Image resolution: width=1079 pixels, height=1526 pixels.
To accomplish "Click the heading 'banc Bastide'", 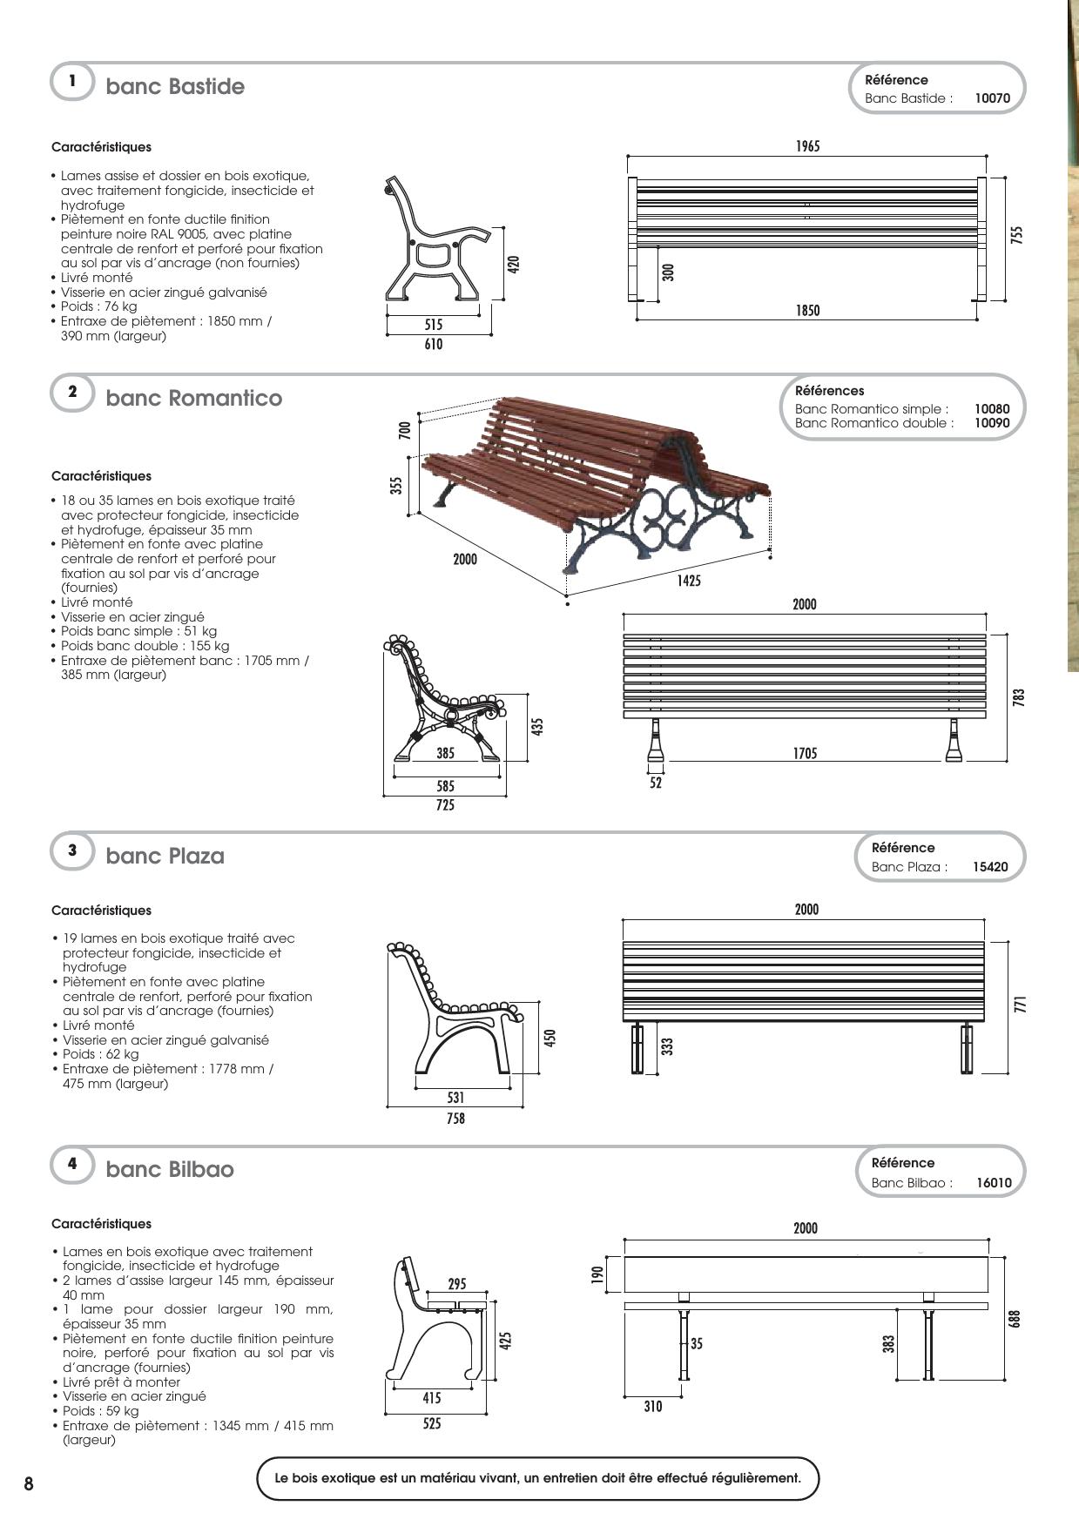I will click(175, 86).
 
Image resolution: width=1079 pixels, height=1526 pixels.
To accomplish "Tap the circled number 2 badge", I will click(72, 392).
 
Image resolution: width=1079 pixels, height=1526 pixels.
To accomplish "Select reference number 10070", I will click(992, 98).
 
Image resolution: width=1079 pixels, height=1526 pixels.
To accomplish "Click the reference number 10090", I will click(992, 423).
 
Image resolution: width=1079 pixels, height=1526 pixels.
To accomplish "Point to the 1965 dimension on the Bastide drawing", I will click(807, 146).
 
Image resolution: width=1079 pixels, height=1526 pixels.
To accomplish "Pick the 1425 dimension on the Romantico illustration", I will click(689, 581).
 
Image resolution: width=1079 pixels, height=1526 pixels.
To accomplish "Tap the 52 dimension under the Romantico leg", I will click(656, 783).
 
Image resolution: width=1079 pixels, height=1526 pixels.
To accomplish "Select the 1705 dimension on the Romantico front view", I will click(805, 753).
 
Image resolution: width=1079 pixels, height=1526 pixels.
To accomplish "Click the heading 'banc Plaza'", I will click(165, 856).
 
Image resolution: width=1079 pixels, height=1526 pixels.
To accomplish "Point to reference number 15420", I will click(991, 867).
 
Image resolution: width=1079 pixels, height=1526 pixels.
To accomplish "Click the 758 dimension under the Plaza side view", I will click(455, 1118).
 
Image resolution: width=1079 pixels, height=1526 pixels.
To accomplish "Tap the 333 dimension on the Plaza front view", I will click(667, 1046).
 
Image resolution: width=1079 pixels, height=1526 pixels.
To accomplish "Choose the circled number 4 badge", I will click(72, 1163).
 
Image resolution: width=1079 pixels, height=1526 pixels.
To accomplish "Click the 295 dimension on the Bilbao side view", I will click(457, 1283).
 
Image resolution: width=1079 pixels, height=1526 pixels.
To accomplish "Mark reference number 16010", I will click(994, 1183).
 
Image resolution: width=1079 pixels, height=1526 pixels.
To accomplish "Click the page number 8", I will click(29, 1484).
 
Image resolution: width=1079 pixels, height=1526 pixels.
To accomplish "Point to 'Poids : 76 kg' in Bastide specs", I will click(98, 306).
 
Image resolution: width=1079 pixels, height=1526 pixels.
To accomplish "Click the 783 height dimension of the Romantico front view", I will click(1019, 697).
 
